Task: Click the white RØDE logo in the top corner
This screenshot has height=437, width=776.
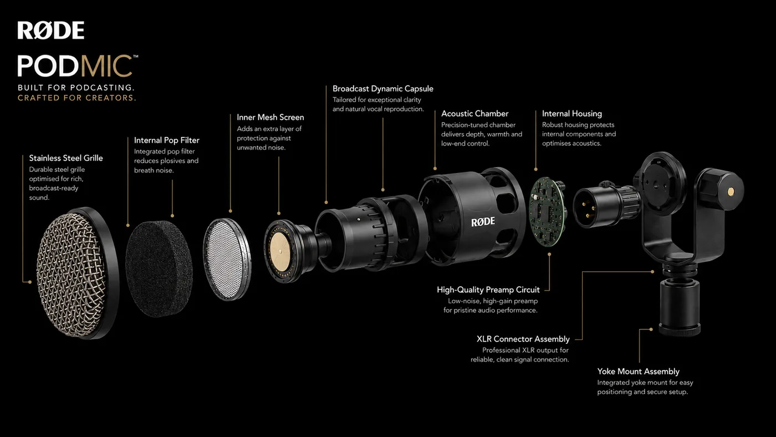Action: click(x=51, y=30)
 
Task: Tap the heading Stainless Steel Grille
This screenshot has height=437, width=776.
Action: click(x=66, y=158)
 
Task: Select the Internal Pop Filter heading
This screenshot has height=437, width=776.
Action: click(x=167, y=140)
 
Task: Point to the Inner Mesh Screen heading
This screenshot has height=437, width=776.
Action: click(x=270, y=117)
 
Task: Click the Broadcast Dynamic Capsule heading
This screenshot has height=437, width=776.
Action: click(x=383, y=89)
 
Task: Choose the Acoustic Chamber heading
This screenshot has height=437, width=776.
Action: click(x=474, y=114)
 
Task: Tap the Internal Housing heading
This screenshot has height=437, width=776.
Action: click(x=572, y=114)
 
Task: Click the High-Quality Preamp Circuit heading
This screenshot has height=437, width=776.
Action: click(x=488, y=289)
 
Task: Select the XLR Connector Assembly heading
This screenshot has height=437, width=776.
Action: click(x=523, y=339)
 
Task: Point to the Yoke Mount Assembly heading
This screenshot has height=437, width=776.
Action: click(x=638, y=372)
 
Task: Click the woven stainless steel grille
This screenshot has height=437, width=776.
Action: click(x=71, y=275)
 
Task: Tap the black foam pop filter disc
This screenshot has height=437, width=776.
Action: click(x=159, y=268)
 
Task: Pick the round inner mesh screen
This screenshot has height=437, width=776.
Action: click(x=227, y=259)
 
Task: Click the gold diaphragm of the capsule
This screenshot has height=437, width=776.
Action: click(x=280, y=251)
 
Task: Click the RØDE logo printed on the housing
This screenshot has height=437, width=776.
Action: click(x=483, y=222)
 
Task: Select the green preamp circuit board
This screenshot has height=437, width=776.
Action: click(x=547, y=212)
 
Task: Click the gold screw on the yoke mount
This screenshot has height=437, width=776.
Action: click(x=731, y=192)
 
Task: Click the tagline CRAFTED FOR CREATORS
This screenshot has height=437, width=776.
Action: click(x=77, y=98)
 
